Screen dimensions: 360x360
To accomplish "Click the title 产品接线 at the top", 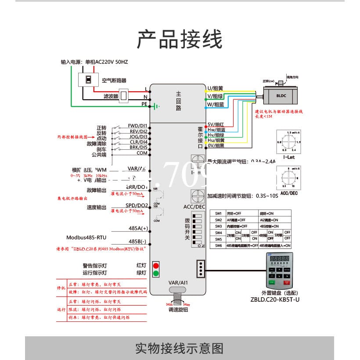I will coord(180,40).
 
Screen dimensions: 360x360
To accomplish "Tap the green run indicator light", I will coord(155,275).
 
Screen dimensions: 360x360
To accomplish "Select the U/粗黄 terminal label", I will coord(215,88).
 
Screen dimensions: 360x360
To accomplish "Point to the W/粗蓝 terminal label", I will coord(216,104).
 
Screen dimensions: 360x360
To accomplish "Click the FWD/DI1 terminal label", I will coord(137,126).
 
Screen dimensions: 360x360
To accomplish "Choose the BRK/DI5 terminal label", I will coord(137,148).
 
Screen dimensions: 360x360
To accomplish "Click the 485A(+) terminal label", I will coord(138,228).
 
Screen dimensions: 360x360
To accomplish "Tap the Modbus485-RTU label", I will coord(86,238).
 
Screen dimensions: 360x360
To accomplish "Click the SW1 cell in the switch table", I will coord(218,213).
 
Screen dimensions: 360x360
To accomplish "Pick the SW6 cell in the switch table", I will coord(218,246).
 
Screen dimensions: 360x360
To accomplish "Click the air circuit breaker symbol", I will coord(88,80).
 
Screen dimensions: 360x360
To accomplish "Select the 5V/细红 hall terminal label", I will coord(216,124).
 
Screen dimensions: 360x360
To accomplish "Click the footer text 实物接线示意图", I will coord(180,348).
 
